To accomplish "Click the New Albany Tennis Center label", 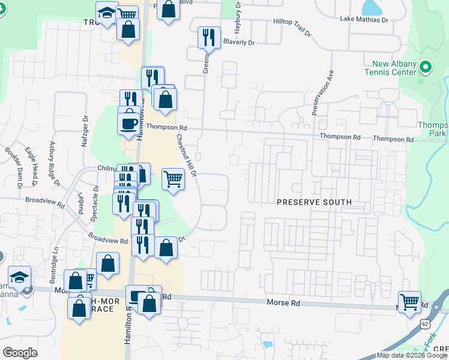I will [x=390, y=68].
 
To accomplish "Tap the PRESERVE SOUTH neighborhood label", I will [x=314, y=202].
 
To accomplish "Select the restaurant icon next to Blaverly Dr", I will [x=208, y=37].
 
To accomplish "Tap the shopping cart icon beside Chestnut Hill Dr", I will [x=173, y=178].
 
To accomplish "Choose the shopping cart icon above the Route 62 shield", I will [x=409, y=301].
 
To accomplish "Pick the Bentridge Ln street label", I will [x=55, y=254].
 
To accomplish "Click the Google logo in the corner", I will [x=20, y=352].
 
